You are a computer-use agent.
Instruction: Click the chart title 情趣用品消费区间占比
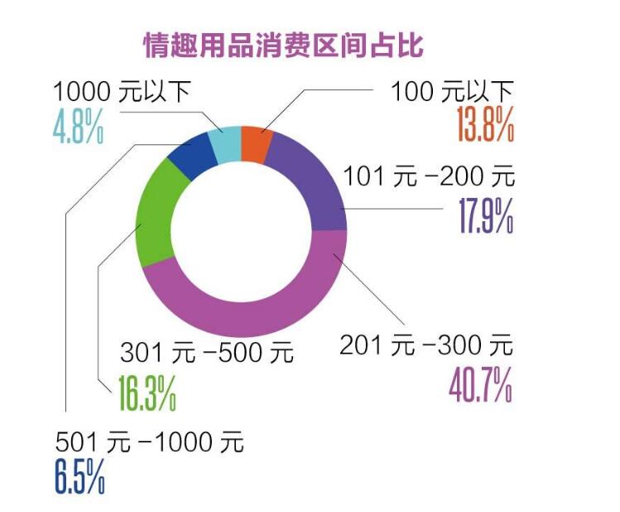click(283, 45)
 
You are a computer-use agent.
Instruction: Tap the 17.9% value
click(486, 213)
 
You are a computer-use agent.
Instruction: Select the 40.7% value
click(480, 383)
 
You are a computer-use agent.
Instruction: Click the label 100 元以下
click(451, 89)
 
